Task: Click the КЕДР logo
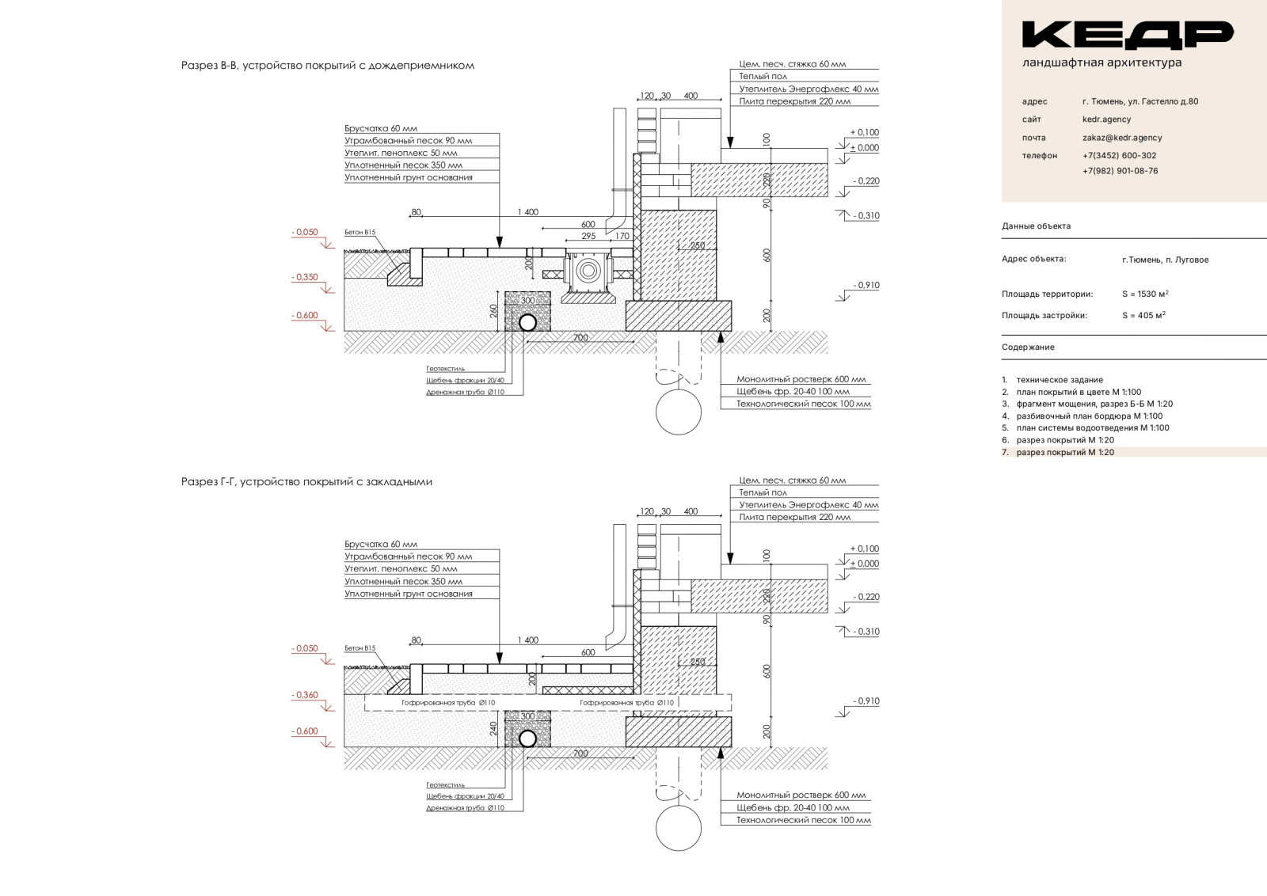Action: pyautogui.click(x=1127, y=34)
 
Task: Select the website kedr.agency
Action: pyautogui.click(x=1106, y=120)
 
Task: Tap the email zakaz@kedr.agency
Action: pyautogui.click(x=1122, y=138)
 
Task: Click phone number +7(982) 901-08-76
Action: pyautogui.click(x=1120, y=171)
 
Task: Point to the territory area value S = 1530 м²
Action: pyautogui.click(x=1145, y=294)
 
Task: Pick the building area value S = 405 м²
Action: pyautogui.click(x=1143, y=316)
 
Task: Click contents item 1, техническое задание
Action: pyautogui.click(x=1059, y=380)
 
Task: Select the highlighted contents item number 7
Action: pyautogui.click(x=1064, y=453)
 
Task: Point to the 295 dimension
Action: pyautogui.click(x=588, y=237)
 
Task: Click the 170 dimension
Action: pyautogui.click(x=622, y=237)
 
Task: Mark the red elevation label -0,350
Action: pyautogui.click(x=305, y=277)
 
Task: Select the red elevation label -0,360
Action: pyautogui.click(x=305, y=695)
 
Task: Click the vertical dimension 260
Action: pyautogui.click(x=494, y=311)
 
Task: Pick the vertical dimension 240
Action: pyautogui.click(x=494, y=728)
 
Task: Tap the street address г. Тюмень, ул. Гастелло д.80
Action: pyautogui.click(x=1140, y=101)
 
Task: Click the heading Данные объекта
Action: pyautogui.click(x=1036, y=226)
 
